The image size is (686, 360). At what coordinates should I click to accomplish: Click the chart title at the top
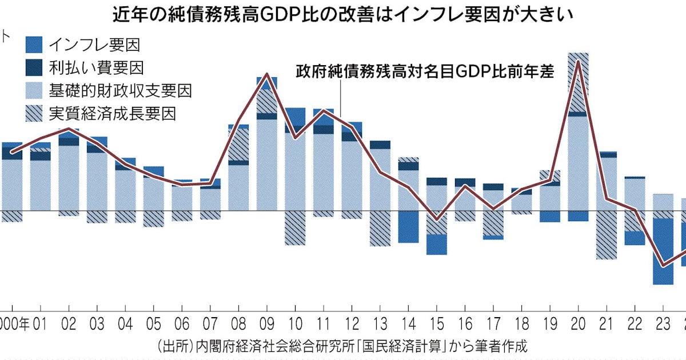pyautogui.click(x=343, y=13)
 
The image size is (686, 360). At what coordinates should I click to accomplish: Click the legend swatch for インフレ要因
pyautogui.click(x=34, y=43)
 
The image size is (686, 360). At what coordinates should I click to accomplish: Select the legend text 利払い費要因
pyautogui.click(x=96, y=67)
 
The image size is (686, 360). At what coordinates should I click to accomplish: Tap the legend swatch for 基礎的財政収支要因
pyautogui.click(x=34, y=90)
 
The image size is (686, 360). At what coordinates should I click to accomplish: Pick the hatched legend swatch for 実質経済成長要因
pyautogui.click(x=34, y=113)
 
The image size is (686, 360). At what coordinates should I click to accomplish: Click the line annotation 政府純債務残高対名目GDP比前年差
pyautogui.click(x=425, y=72)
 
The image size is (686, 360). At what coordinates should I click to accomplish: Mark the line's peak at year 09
pyautogui.click(x=266, y=74)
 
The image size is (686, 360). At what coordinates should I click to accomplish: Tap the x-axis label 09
pyautogui.click(x=266, y=323)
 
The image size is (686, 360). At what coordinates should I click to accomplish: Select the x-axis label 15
pyautogui.click(x=436, y=323)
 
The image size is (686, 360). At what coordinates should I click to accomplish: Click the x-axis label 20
pyautogui.click(x=579, y=323)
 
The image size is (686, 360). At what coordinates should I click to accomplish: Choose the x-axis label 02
pyautogui.click(x=69, y=323)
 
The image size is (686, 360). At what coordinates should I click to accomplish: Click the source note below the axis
pyautogui.click(x=343, y=346)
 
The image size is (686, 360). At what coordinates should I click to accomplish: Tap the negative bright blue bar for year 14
pyautogui.click(x=408, y=226)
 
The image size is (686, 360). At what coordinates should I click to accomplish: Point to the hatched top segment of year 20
pyautogui.click(x=579, y=83)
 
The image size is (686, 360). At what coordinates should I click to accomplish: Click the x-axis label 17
pyautogui.click(x=493, y=323)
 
